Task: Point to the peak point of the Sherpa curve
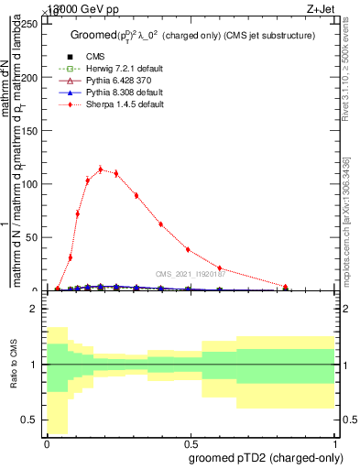coord(101,169)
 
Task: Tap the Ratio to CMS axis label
coord(14,365)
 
